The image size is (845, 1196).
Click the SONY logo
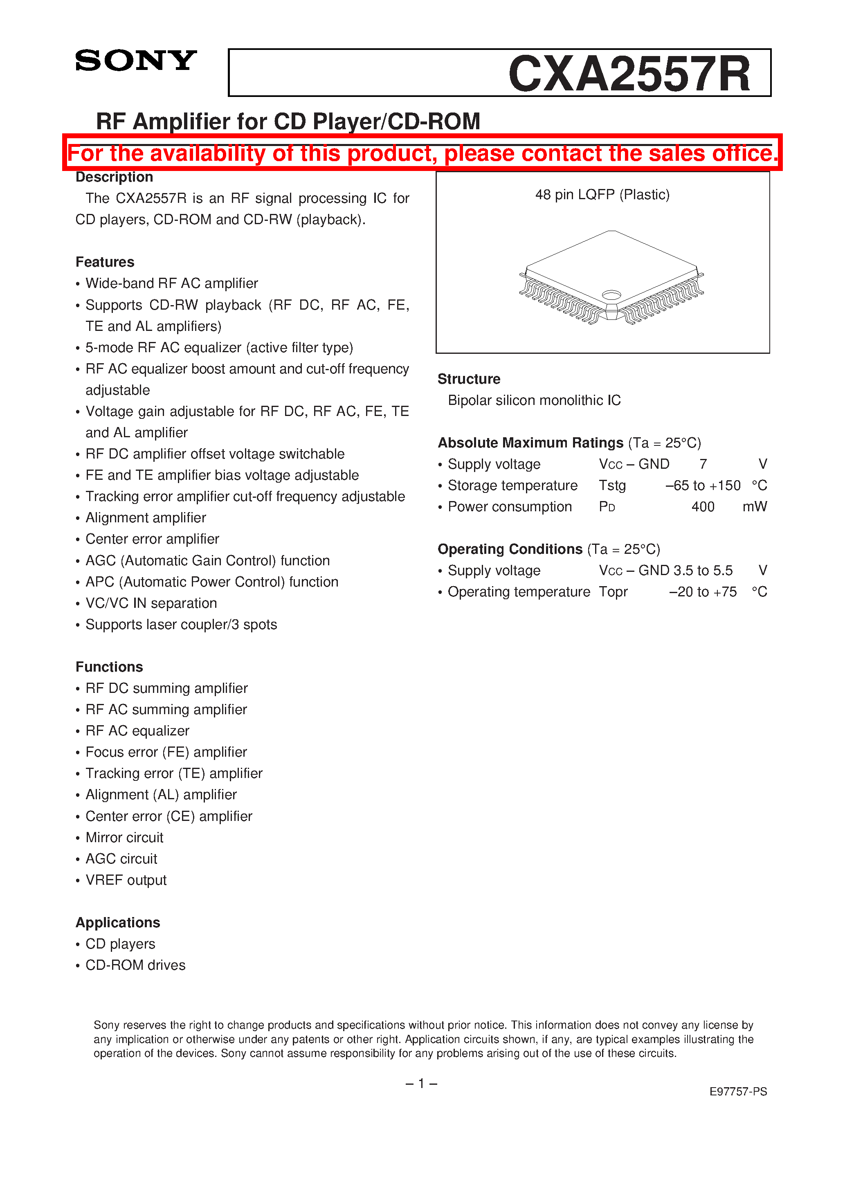[136, 61]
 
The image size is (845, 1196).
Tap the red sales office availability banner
[422, 153]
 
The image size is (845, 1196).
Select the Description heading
[114, 177]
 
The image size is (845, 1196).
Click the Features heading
[105, 262]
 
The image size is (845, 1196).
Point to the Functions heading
[109, 667]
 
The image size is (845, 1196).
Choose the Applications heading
[118, 922]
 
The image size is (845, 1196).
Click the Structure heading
[469, 379]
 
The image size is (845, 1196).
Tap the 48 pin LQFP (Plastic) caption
[602, 195]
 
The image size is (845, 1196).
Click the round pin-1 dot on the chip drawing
[611, 295]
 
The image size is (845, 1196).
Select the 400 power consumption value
[703, 507]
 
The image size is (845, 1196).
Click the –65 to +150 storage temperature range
[703, 486]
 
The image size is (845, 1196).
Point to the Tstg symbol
[612, 486]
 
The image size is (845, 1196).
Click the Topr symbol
[613, 592]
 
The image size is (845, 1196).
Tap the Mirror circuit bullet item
[124, 838]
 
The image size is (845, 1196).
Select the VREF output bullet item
[126, 880]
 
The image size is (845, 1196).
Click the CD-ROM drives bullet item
[135, 965]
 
